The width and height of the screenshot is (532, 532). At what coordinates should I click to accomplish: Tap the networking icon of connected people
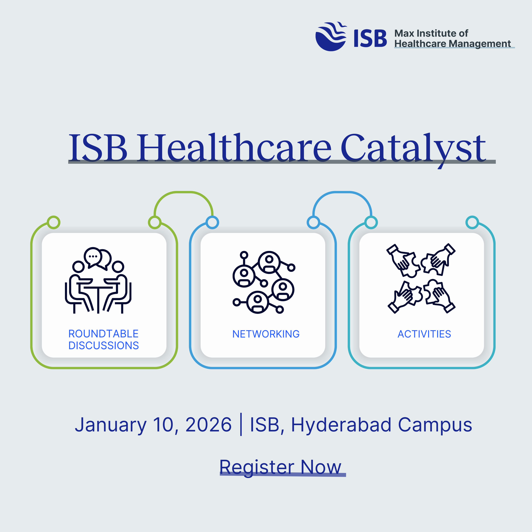pos(264,282)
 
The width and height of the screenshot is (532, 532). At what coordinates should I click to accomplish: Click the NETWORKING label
pos(266,334)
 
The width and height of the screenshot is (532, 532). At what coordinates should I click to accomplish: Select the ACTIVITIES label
pos(424,334)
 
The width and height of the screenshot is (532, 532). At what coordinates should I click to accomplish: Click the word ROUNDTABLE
pos(103,334)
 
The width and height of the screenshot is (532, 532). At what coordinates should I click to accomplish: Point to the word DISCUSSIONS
pos(104,346)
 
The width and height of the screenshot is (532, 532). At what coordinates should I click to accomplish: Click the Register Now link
pos(280,467)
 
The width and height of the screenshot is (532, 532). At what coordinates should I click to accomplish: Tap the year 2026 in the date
pos(208,425)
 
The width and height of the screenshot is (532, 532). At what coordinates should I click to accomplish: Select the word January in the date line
pos(111,425)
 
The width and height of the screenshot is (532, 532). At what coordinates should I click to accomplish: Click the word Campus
pos(435,425)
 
